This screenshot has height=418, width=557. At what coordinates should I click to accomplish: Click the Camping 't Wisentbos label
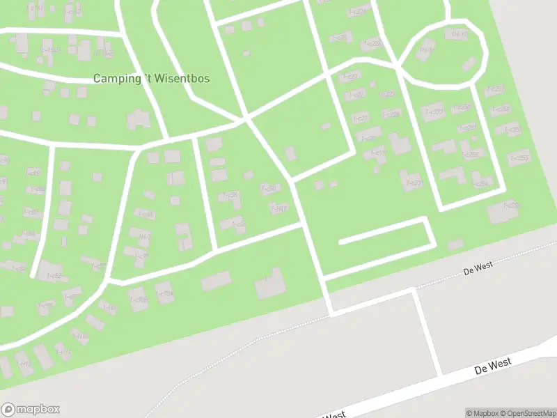(x=151, y=79)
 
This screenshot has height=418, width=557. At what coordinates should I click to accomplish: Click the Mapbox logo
(x=30, y=410)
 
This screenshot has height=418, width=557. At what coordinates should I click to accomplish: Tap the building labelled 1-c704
(x=138, y=300)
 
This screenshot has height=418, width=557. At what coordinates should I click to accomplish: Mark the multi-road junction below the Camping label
(x=247, y=119)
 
